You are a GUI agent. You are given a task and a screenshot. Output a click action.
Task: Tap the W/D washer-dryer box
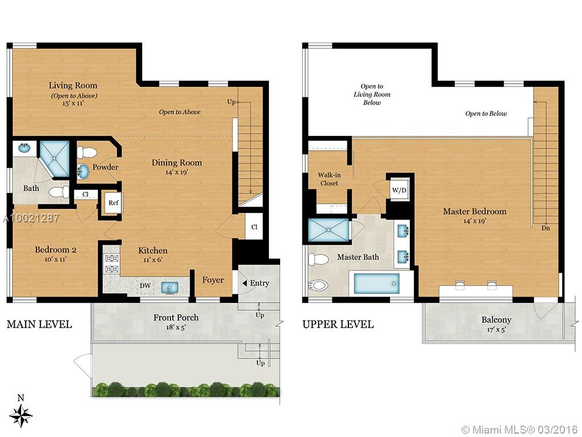click(x=400, y=190)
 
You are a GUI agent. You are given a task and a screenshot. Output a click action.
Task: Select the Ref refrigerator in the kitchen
click(x=113, y=203)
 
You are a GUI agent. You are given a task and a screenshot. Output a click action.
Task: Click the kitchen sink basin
click(x=169, y=287)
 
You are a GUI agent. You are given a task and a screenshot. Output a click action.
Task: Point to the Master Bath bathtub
click(x=376, y=284)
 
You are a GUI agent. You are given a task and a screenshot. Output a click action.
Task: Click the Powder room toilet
click(x=87, y=152)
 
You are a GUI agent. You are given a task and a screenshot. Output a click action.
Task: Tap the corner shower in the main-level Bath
click(x=54, y=159)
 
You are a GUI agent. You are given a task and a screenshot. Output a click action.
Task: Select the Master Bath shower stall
click(x=329, y=230)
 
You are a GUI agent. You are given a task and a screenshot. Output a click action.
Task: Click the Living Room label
click(x=73, y=85)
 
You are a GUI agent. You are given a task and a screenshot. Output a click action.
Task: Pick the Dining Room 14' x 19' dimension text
click(x=177, y=172)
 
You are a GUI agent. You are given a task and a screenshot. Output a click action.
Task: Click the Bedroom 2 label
click(x=56, y=250)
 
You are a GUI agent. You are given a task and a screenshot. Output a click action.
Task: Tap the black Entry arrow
click(x=244, y=283)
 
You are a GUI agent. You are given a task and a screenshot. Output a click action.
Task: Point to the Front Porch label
click(x=176, y=318)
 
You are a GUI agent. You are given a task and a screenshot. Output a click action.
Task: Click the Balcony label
click(x=496, y=320)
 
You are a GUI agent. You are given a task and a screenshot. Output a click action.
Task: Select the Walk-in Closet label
click(x=329, y=179)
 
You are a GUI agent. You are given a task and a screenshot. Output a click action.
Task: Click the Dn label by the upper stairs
click(x=546, y=228)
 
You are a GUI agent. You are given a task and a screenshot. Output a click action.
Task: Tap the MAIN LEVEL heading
click(x=39, y=324)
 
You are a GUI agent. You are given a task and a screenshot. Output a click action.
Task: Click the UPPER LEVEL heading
click(x=338, y=324)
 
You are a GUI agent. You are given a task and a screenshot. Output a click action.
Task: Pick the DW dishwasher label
click(x=145, y=286)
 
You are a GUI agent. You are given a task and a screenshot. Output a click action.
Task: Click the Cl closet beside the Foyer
click(x=254, y=226)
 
